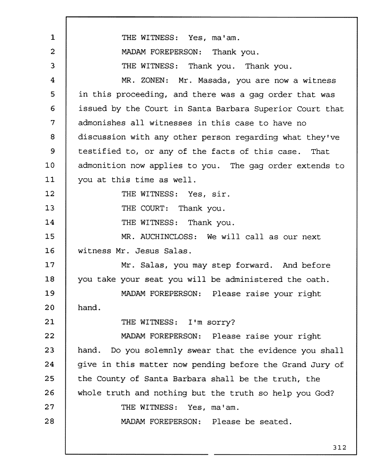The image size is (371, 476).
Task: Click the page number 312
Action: tap(339, 447)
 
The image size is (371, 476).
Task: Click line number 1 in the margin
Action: tap(52, 38)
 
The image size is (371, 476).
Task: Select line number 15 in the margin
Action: tap(50, 236)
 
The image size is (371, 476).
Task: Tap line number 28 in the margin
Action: tap(50, 421)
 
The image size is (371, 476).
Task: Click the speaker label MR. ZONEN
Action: tap(145, 80)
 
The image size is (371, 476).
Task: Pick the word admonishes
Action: tap(102, 123)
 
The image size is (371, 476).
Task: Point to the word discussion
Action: tap(102, 137)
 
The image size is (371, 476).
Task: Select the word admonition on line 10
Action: tap(102, 166)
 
